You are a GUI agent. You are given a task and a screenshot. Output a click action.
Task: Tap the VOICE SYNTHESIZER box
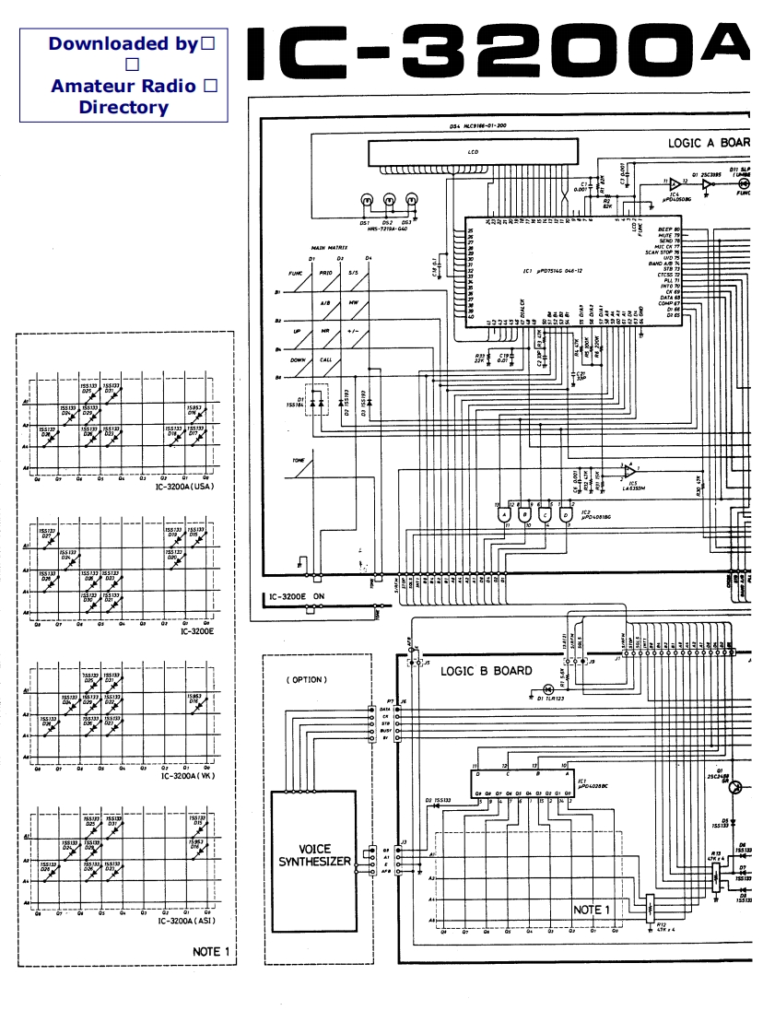[x=315, y=855]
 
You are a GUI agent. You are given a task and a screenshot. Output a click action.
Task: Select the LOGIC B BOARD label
[x=486, y=671]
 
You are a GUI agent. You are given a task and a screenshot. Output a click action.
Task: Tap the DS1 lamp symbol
[x=366, y=201]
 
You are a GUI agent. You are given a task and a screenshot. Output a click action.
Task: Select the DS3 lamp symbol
[x=411, y=201]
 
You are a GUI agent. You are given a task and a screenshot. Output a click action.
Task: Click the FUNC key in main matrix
[x=297, y=274]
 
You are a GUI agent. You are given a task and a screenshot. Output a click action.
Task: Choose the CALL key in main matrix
[x=325, y=360]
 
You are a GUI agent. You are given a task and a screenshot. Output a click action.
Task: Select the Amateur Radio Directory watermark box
[x=123, y=76]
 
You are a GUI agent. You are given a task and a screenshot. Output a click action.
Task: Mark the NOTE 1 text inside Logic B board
[x=592, y=910]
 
